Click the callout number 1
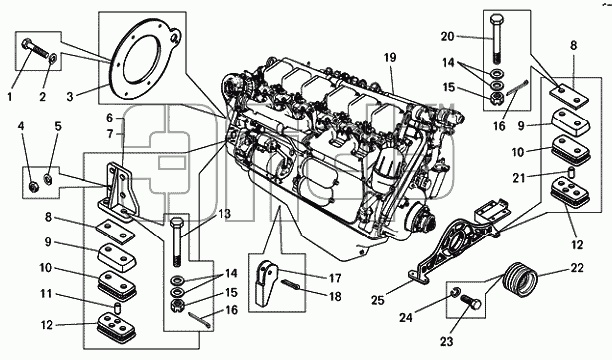click(10, 96)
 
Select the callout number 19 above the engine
click(390, 58)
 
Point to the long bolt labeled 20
click(496, 39)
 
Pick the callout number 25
click(378, 300)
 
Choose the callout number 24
click(406, 317)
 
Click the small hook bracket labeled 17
click(265, 282)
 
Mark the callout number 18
click(334, 296)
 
